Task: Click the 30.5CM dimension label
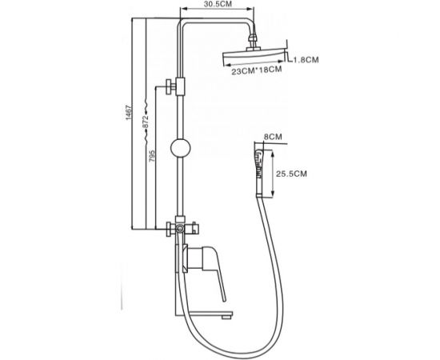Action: (218, 4)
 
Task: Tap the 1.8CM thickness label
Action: (306, 59)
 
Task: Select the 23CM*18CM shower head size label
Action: (257, 70)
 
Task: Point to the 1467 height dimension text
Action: (129, 113)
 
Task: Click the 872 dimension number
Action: (145, 122)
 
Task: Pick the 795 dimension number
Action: (151, 156)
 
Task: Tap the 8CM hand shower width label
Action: (273, 137)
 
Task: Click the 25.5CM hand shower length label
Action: (291, 174)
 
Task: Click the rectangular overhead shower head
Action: (253, 58)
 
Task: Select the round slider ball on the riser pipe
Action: (181, 148)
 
